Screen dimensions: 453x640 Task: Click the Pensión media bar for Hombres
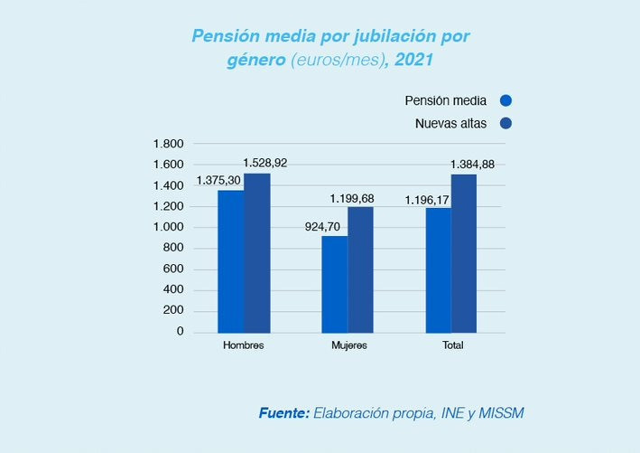pos(230,261)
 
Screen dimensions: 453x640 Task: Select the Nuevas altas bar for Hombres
pos(256,252)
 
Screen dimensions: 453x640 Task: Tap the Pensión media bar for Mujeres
pos(335,284)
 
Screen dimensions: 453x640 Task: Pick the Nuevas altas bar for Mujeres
pos(361,269)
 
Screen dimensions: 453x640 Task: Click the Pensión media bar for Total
pos(439,269)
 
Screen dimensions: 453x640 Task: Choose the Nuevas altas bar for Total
pos(464,252)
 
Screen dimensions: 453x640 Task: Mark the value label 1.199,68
pos(377,198)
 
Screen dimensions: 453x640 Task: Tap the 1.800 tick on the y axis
pos(169,144)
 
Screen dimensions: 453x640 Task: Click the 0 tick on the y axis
pos(179,332)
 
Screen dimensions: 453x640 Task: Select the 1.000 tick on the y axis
pos(169,227)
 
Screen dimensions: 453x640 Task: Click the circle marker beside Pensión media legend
pos(506,101)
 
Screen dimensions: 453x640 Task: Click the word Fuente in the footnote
pos(284,413)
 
